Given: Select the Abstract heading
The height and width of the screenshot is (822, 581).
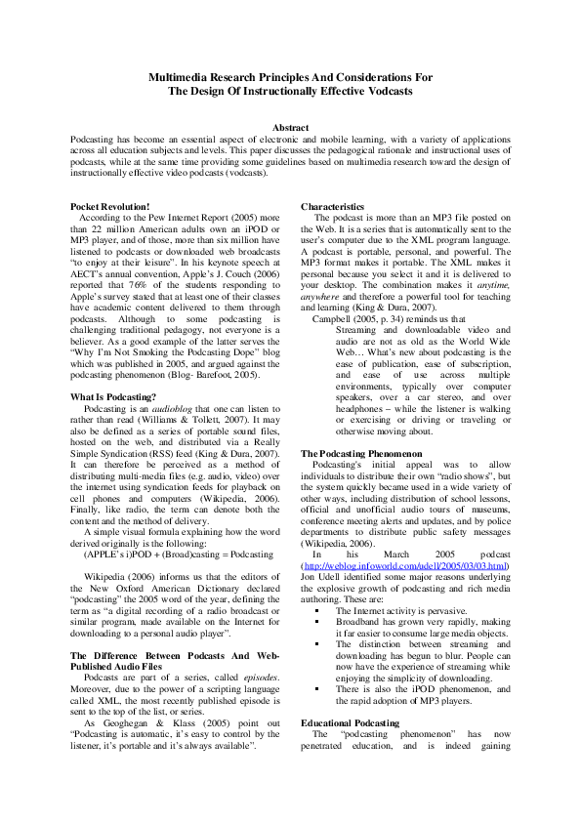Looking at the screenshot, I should (290, 128).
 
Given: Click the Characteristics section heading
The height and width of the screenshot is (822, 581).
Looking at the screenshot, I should (332, 207).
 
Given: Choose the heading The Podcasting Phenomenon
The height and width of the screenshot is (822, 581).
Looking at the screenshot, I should (360, 454).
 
